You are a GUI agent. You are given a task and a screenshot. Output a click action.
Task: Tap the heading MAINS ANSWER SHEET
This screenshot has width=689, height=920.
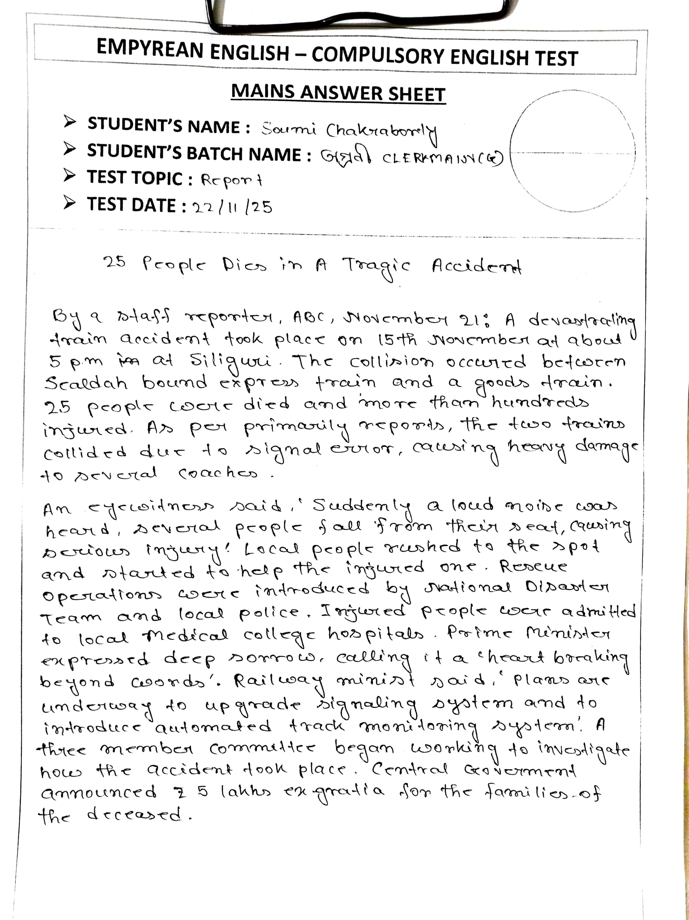click(338, 93)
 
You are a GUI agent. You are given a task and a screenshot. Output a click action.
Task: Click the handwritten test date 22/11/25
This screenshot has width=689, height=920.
click(231, 207)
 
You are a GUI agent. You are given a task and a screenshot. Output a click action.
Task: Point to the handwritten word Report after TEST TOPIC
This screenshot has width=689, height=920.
click(232, 180)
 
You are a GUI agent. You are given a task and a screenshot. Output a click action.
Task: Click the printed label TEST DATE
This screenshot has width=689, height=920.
click(131, 204)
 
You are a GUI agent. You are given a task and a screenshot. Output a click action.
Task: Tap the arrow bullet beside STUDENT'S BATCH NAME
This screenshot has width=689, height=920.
click(69, 149)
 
